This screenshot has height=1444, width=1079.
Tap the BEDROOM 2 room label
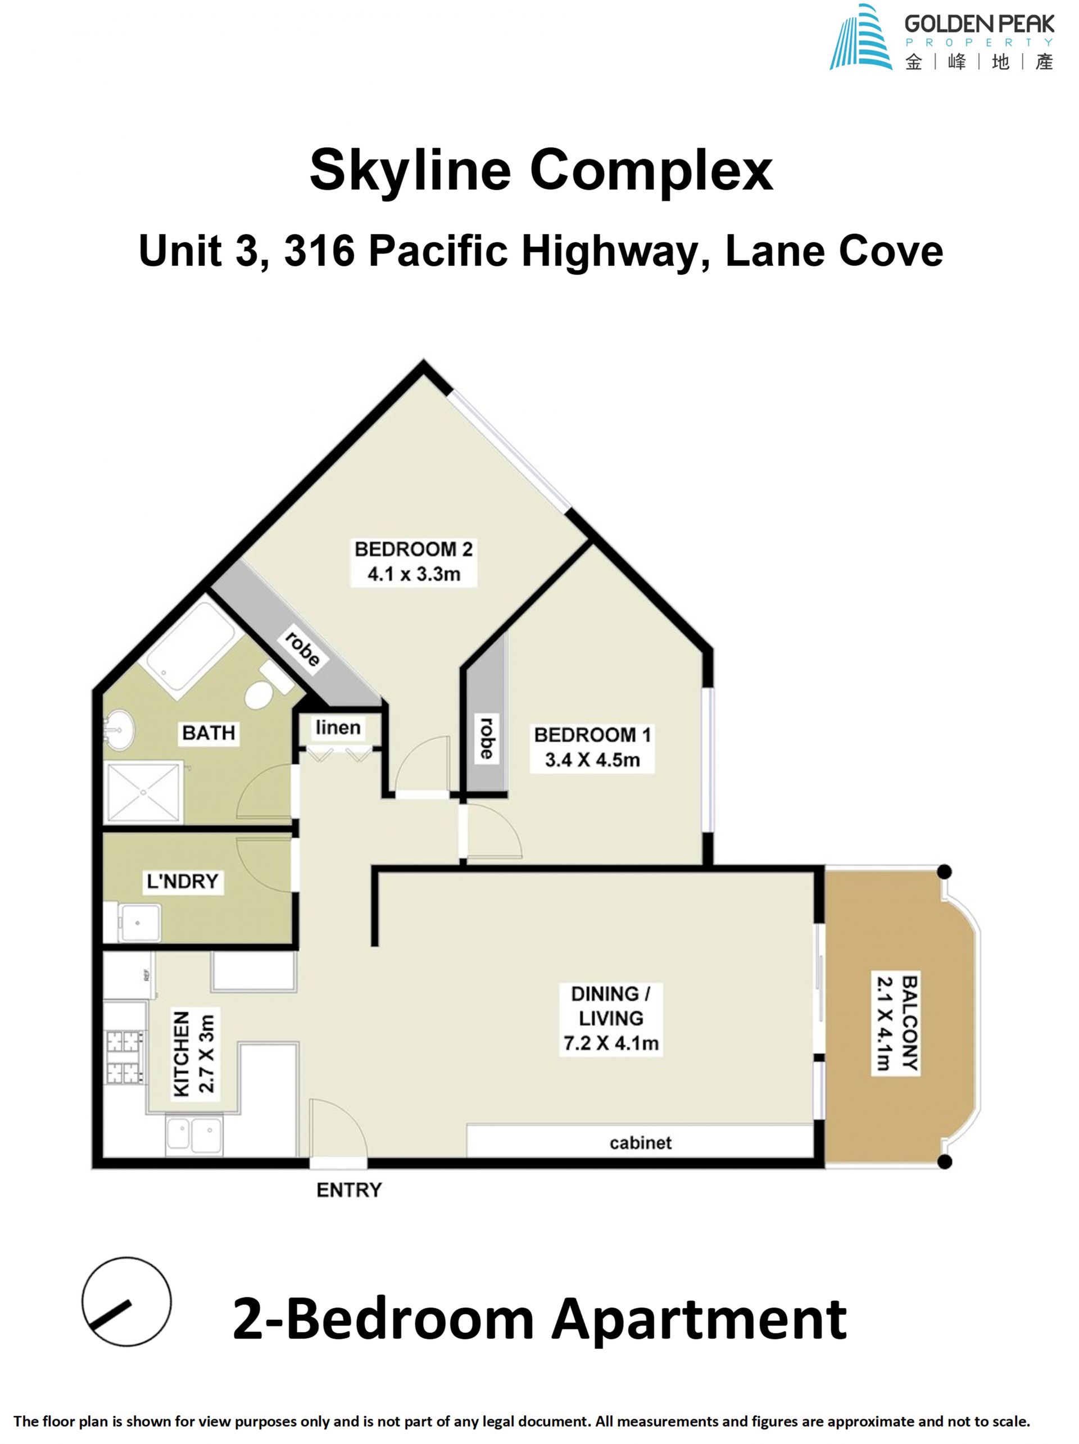[413, 561]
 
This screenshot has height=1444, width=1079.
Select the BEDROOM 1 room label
[592, 747]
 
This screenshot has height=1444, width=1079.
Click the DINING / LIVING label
[610, 1018]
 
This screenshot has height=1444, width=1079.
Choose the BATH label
[208, 733]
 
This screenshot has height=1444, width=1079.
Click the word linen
[338, 727]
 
